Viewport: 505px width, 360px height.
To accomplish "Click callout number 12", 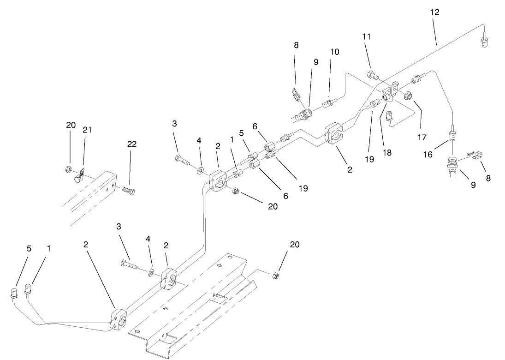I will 435,12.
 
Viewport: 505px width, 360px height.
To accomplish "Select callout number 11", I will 367,36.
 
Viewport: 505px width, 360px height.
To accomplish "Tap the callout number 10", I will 334,52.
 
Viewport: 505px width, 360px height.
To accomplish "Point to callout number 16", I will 428,154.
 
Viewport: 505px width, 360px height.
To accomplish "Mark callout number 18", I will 387,152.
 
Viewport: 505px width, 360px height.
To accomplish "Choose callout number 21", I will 87,130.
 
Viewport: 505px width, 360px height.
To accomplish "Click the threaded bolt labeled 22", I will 128,190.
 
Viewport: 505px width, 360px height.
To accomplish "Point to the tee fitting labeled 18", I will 390,93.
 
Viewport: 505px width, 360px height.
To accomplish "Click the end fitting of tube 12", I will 484,43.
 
